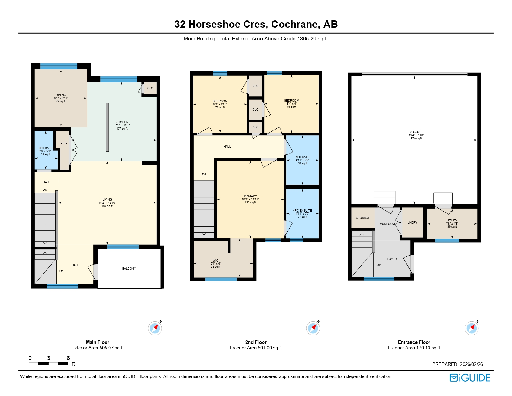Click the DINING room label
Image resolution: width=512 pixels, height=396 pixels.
point(61,95)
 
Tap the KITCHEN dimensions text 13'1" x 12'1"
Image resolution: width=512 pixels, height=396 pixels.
point(122,125)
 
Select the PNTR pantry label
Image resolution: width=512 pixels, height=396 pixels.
point(64,143)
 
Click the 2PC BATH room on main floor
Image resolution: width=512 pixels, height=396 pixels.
point(46,151)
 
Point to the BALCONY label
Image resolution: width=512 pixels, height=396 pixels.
point(129,269)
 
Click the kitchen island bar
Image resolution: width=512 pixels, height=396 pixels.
point(107,127)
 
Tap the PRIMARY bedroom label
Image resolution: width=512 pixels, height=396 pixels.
point(250,196)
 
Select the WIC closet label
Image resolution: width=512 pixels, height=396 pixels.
point(215,261)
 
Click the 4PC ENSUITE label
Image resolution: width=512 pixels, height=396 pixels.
point(303,211)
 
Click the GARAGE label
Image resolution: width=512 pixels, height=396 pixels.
point(416,132)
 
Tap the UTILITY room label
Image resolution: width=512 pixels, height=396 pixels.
point(452,221)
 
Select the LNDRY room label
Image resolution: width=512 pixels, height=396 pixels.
point(412,223)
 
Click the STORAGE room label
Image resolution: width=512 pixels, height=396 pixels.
point(363,218)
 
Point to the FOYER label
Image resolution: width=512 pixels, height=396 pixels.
point(392,259)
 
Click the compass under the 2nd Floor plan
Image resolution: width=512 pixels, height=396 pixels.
point(313,328)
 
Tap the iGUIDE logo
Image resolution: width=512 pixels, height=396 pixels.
point(470,378)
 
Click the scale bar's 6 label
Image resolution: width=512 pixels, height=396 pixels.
point(68,358)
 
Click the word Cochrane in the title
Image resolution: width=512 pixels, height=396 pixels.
point(295,24)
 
